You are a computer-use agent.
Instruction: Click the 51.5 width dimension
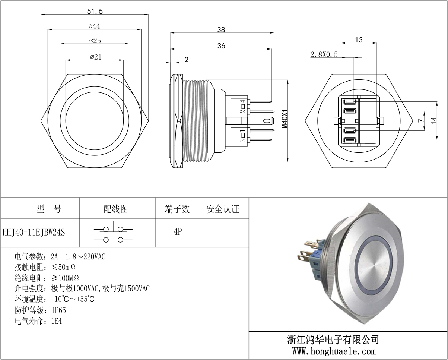[95, 11]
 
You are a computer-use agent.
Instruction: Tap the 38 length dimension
[221, 30]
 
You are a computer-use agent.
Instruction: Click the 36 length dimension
[221, 45]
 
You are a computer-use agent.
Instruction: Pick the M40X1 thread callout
[285, 119]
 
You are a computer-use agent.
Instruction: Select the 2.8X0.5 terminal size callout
[324, 54]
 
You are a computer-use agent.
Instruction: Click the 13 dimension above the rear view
[359, 40]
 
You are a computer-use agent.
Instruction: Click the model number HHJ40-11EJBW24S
[34, 233]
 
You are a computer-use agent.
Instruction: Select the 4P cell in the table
[178, 232]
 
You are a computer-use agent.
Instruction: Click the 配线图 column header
[115, 209]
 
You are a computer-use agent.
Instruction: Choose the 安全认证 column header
[223, 209]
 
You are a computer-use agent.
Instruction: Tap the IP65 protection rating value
[58, 310]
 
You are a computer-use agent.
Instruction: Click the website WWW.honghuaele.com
[333, 351]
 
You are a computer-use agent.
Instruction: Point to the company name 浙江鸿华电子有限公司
[333, 339]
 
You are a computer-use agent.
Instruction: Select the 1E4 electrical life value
[57, 321]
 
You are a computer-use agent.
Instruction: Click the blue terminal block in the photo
[315, 261]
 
